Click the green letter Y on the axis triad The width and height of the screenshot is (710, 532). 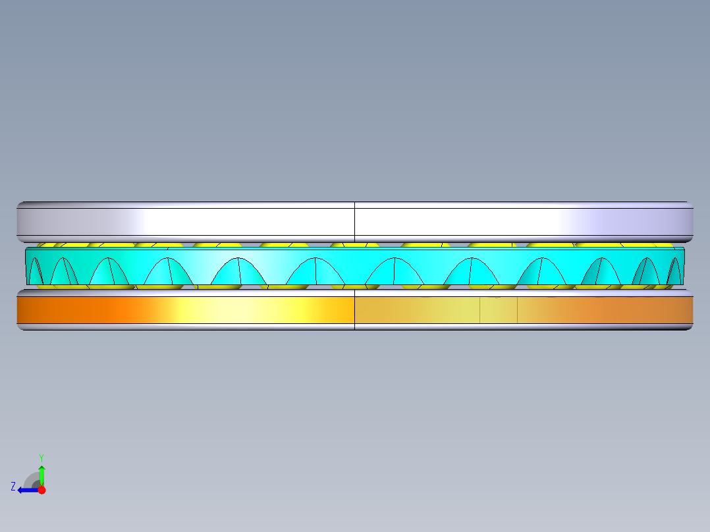pyautogui.click(x=41, y=458)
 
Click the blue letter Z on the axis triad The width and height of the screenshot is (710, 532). pyautogui.click(x=13, y=487)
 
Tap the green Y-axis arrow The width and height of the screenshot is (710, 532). pyautogui.click(x=41, y=475)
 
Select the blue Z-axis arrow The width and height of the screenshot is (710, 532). pyautogui.click(x=28, y=490)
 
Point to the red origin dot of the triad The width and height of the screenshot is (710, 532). pyautogui.click(x=41, y=490)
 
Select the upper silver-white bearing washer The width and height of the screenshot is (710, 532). pyautogui.click(x=355, y=222)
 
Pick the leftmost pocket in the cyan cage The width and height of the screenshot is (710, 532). pyautogui.click(x=36, y=271)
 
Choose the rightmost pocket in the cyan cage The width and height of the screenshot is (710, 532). pyautogui.click(x=674, y=271)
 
